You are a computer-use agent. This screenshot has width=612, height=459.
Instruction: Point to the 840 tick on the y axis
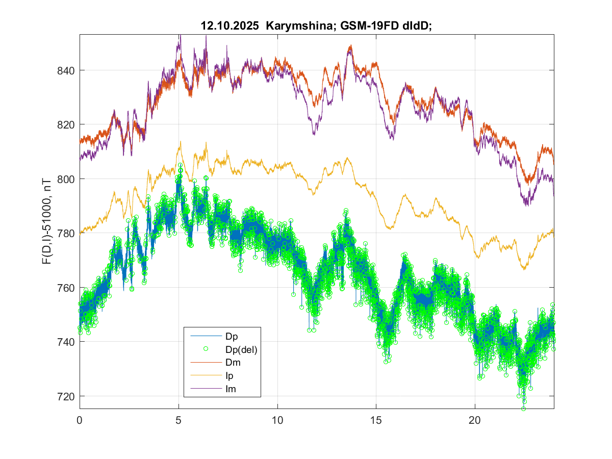[66, 70]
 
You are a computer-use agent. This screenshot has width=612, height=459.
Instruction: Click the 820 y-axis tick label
[66, 125]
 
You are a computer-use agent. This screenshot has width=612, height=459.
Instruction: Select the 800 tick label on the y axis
[66, 179]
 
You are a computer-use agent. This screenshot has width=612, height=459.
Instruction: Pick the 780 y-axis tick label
[66, 234]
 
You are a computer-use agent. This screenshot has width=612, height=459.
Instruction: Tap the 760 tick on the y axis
[66, 288]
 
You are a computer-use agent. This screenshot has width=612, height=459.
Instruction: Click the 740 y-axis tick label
[66, 342]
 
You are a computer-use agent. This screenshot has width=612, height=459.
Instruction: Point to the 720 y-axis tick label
[66, 396]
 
